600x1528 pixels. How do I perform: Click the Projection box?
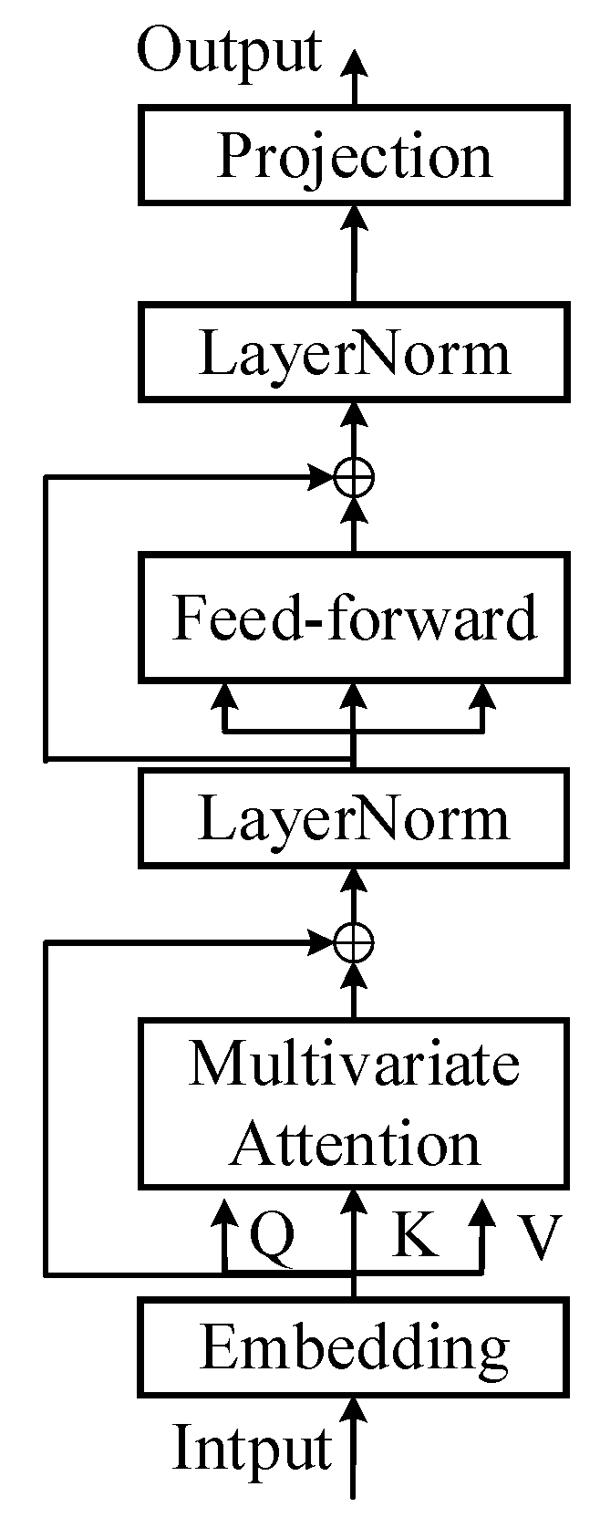click(x=354, y=154)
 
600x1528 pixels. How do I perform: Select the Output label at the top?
click(x=229, y=51)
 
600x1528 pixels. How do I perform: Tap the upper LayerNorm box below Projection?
click(x=354, y=353)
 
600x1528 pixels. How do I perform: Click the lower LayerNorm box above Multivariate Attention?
click(x=354, y=817)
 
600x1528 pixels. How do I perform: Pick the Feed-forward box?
click(x=354, y=617)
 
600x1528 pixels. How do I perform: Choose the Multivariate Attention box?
click(x=354, y=1103)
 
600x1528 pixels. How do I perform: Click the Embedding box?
click(x=354, y=1347)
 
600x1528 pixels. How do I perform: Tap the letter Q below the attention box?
click(x=272, y=1238)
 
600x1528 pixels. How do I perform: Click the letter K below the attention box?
click(x=415, y=1236)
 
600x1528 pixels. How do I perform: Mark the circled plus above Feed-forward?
click(x=354, y=475)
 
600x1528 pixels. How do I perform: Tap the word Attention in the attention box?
click(x=354, y=1143)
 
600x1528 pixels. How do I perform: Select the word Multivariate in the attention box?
click(x=354, y=1064)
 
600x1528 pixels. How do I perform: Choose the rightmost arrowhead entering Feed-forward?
click(x=482, y=698)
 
